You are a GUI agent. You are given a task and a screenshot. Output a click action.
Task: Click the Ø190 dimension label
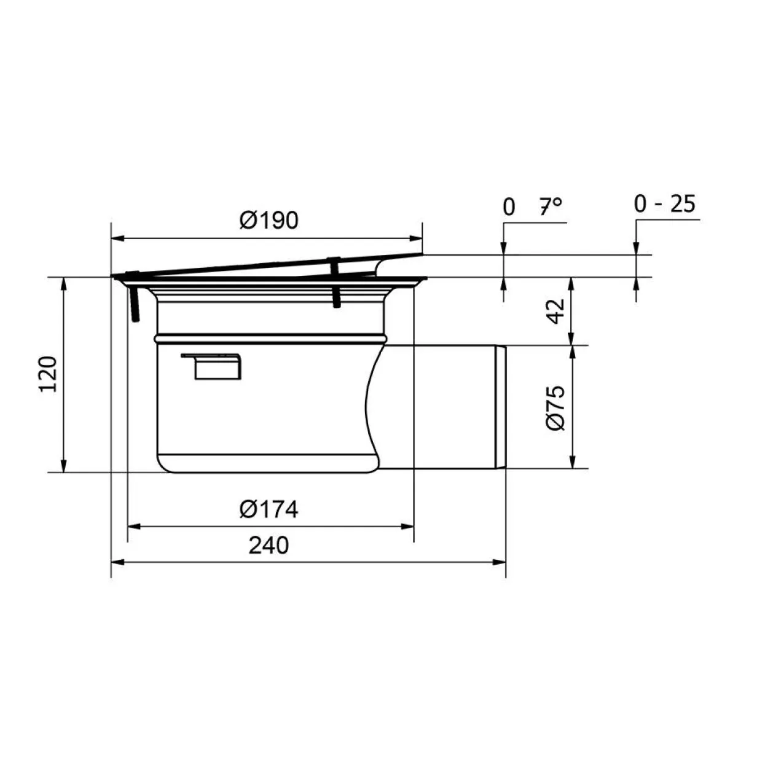269,221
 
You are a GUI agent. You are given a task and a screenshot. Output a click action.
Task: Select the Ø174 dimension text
269,509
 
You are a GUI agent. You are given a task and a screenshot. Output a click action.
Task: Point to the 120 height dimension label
49,374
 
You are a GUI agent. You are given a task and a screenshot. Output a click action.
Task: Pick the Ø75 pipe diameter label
556,407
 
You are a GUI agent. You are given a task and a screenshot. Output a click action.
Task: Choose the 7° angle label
551,206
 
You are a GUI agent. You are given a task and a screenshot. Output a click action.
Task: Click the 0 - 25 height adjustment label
664,204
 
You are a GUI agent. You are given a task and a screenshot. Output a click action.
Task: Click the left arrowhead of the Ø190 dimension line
118,238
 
